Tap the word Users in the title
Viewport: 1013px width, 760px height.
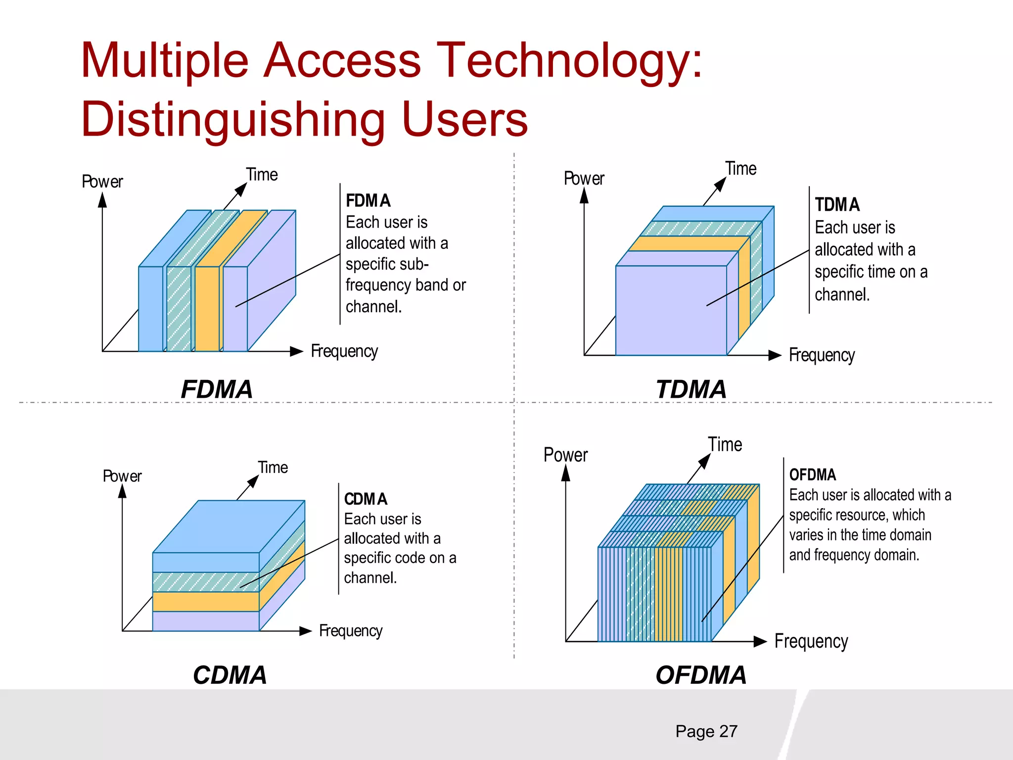pos(465,120)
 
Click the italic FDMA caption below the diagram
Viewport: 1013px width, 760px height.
pos(217,389)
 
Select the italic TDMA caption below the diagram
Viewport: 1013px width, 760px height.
pos(691,389)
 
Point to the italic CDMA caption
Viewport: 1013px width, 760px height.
pos(230,675)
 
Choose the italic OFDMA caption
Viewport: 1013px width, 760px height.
pos(701,675)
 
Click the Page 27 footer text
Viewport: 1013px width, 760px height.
pos(706,731)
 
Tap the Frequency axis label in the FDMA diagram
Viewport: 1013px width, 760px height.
pos(344,352)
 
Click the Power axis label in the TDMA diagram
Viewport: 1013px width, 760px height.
pos(584,179)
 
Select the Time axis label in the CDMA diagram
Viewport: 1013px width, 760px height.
pos(273,468)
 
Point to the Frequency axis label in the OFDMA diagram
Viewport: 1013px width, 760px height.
pos(811,642)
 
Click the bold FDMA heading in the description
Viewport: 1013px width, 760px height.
pos(368,201)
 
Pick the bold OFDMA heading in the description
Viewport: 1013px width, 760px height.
pos(812,475)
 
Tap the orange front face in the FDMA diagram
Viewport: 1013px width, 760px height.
pos(207,309)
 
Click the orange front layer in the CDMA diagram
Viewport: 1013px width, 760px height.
pos(205,602)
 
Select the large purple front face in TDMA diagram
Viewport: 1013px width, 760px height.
pos(671,311)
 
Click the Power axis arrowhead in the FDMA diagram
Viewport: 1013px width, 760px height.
pos(102,200)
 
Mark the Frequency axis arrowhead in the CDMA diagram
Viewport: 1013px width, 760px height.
pos(306,631)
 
